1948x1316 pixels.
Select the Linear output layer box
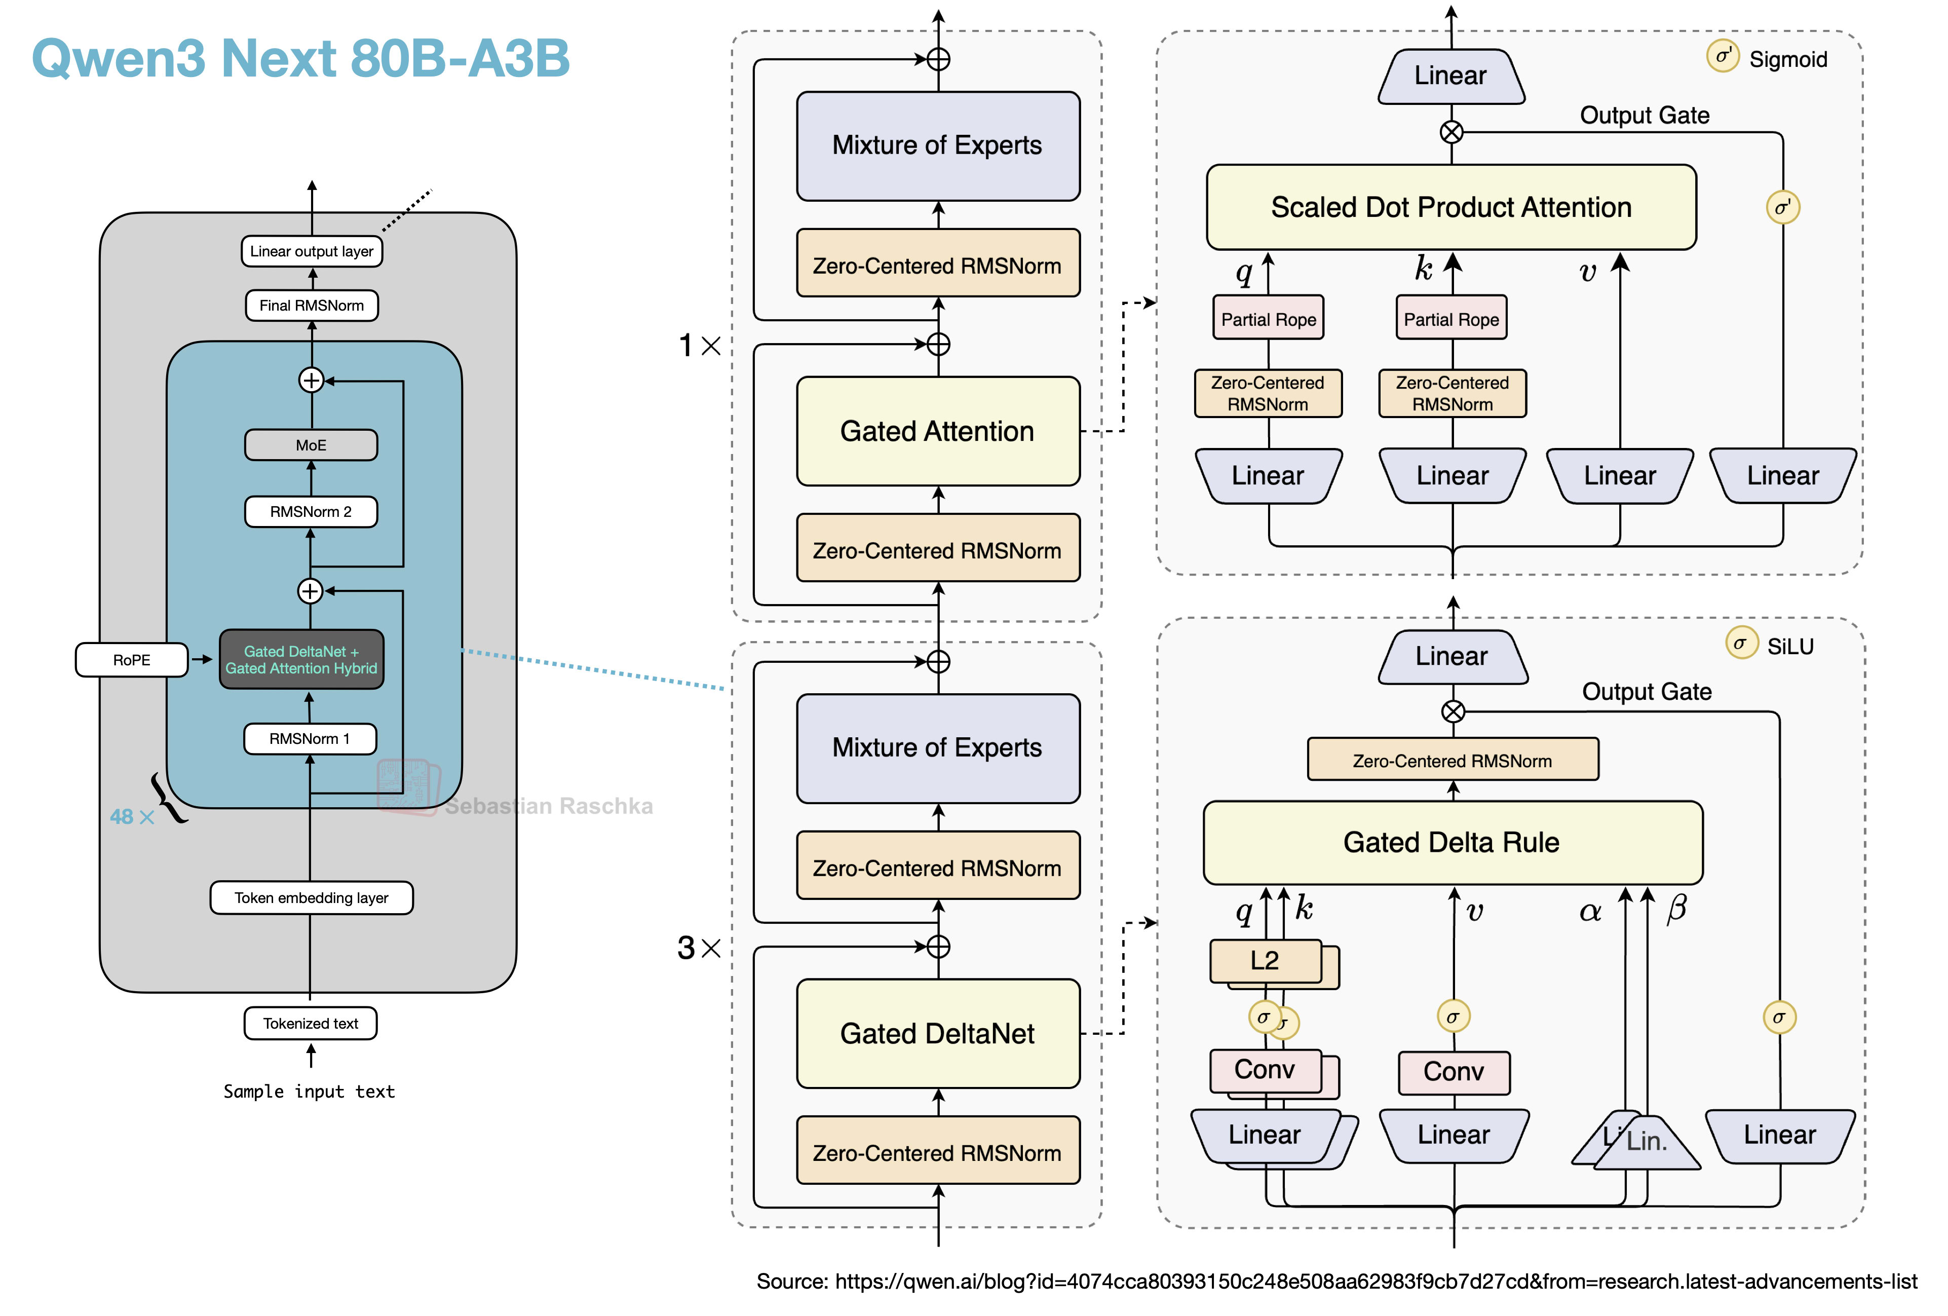pos(311,251)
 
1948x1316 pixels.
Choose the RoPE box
pos(132,660)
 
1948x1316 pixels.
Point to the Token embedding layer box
pos(311,898)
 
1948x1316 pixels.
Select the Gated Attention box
pos(937,432)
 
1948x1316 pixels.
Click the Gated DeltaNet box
pos(937,1034)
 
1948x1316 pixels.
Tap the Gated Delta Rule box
pos(1452,842)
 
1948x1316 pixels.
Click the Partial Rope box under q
pos(1268,319)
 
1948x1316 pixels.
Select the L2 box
pos(1265,961)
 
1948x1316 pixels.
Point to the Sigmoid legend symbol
pos(1723,57)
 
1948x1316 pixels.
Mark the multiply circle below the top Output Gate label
pos(1451,132)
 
